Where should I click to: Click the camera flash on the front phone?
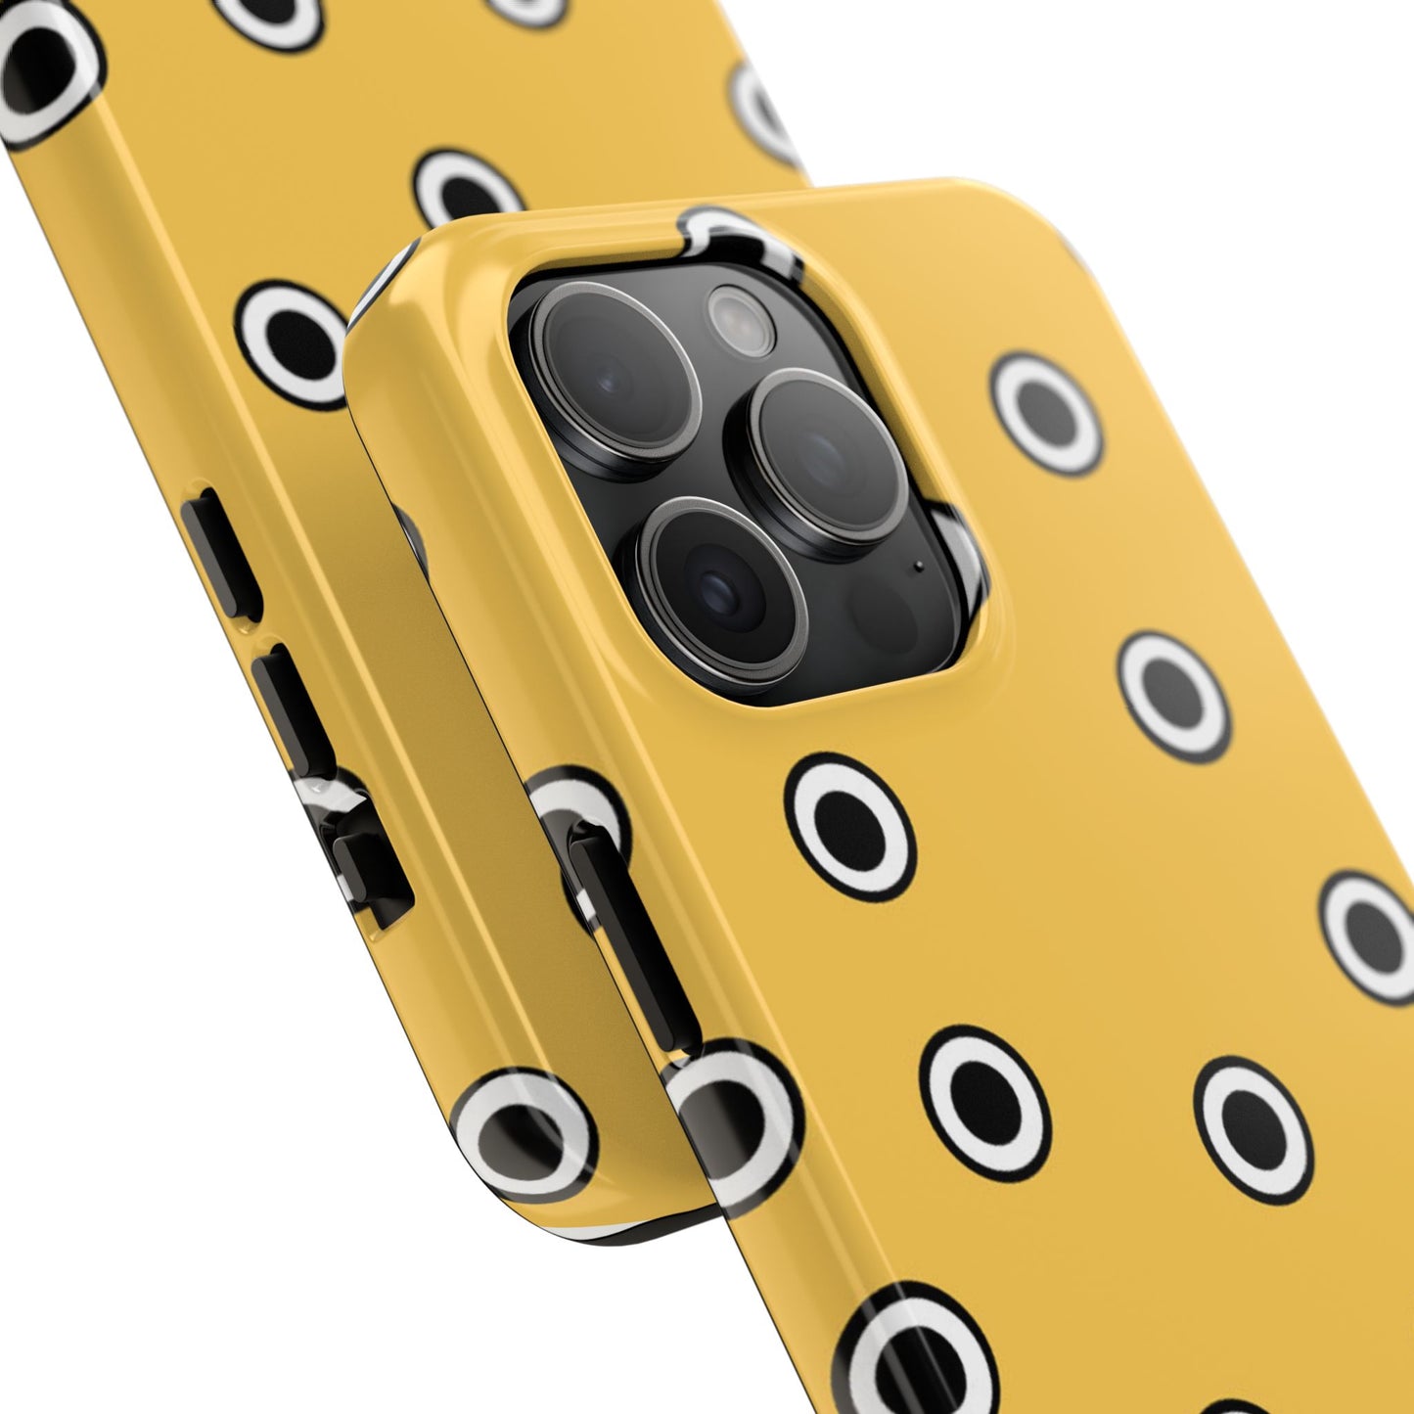coord(741,320)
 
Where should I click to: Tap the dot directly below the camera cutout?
coord(850,827)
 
